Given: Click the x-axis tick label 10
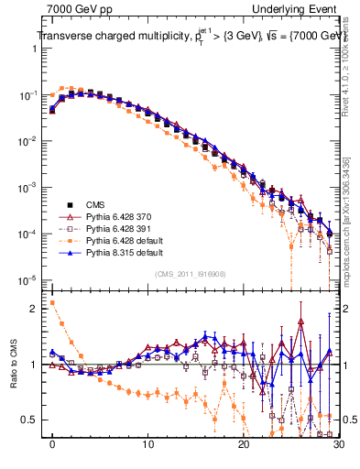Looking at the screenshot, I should (147, 450).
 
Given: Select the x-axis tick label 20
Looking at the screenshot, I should (243, 450).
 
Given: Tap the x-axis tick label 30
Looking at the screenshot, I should (337, 450).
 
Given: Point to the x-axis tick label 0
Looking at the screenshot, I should (52, 450).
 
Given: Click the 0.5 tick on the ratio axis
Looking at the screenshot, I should (31, 420).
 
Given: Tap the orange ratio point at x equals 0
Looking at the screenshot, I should (52, 302).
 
